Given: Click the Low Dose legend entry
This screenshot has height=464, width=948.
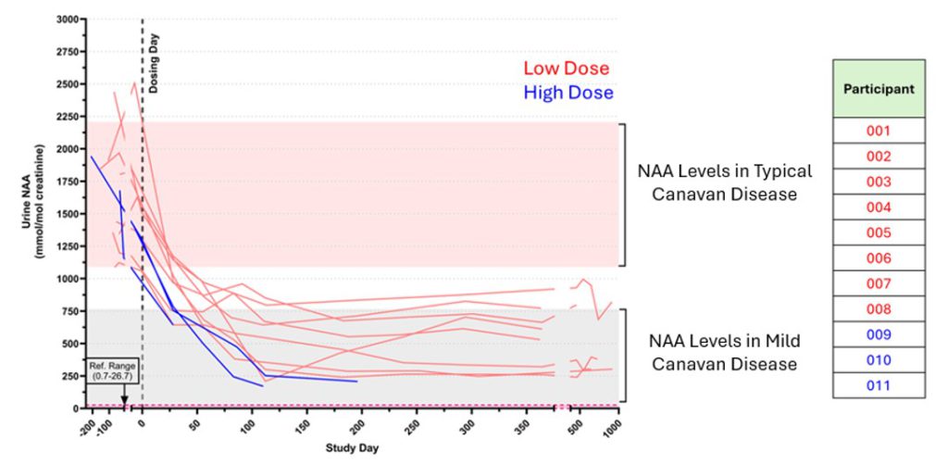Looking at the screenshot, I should point(566,69).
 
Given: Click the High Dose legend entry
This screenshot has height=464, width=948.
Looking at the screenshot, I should point(568,93).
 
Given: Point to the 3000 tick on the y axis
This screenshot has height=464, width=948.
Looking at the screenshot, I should point(65,19).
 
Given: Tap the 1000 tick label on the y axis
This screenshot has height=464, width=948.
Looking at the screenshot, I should point(65,279).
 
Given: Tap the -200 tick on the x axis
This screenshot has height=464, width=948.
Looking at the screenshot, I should point(86,425).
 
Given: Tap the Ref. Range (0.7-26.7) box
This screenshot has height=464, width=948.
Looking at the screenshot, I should point(111,371).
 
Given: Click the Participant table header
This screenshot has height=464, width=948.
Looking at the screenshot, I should point(879,89).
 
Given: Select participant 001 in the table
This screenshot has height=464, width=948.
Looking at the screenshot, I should point(879,131).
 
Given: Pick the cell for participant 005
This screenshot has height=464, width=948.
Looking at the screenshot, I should point(879,232).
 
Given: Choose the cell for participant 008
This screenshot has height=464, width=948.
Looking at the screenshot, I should point(879,308).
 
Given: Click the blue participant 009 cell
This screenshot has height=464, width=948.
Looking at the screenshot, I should point(879,334).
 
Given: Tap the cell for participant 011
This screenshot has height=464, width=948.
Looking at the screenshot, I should point(879,385).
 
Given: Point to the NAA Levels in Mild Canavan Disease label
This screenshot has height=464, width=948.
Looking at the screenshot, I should point(724,353).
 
